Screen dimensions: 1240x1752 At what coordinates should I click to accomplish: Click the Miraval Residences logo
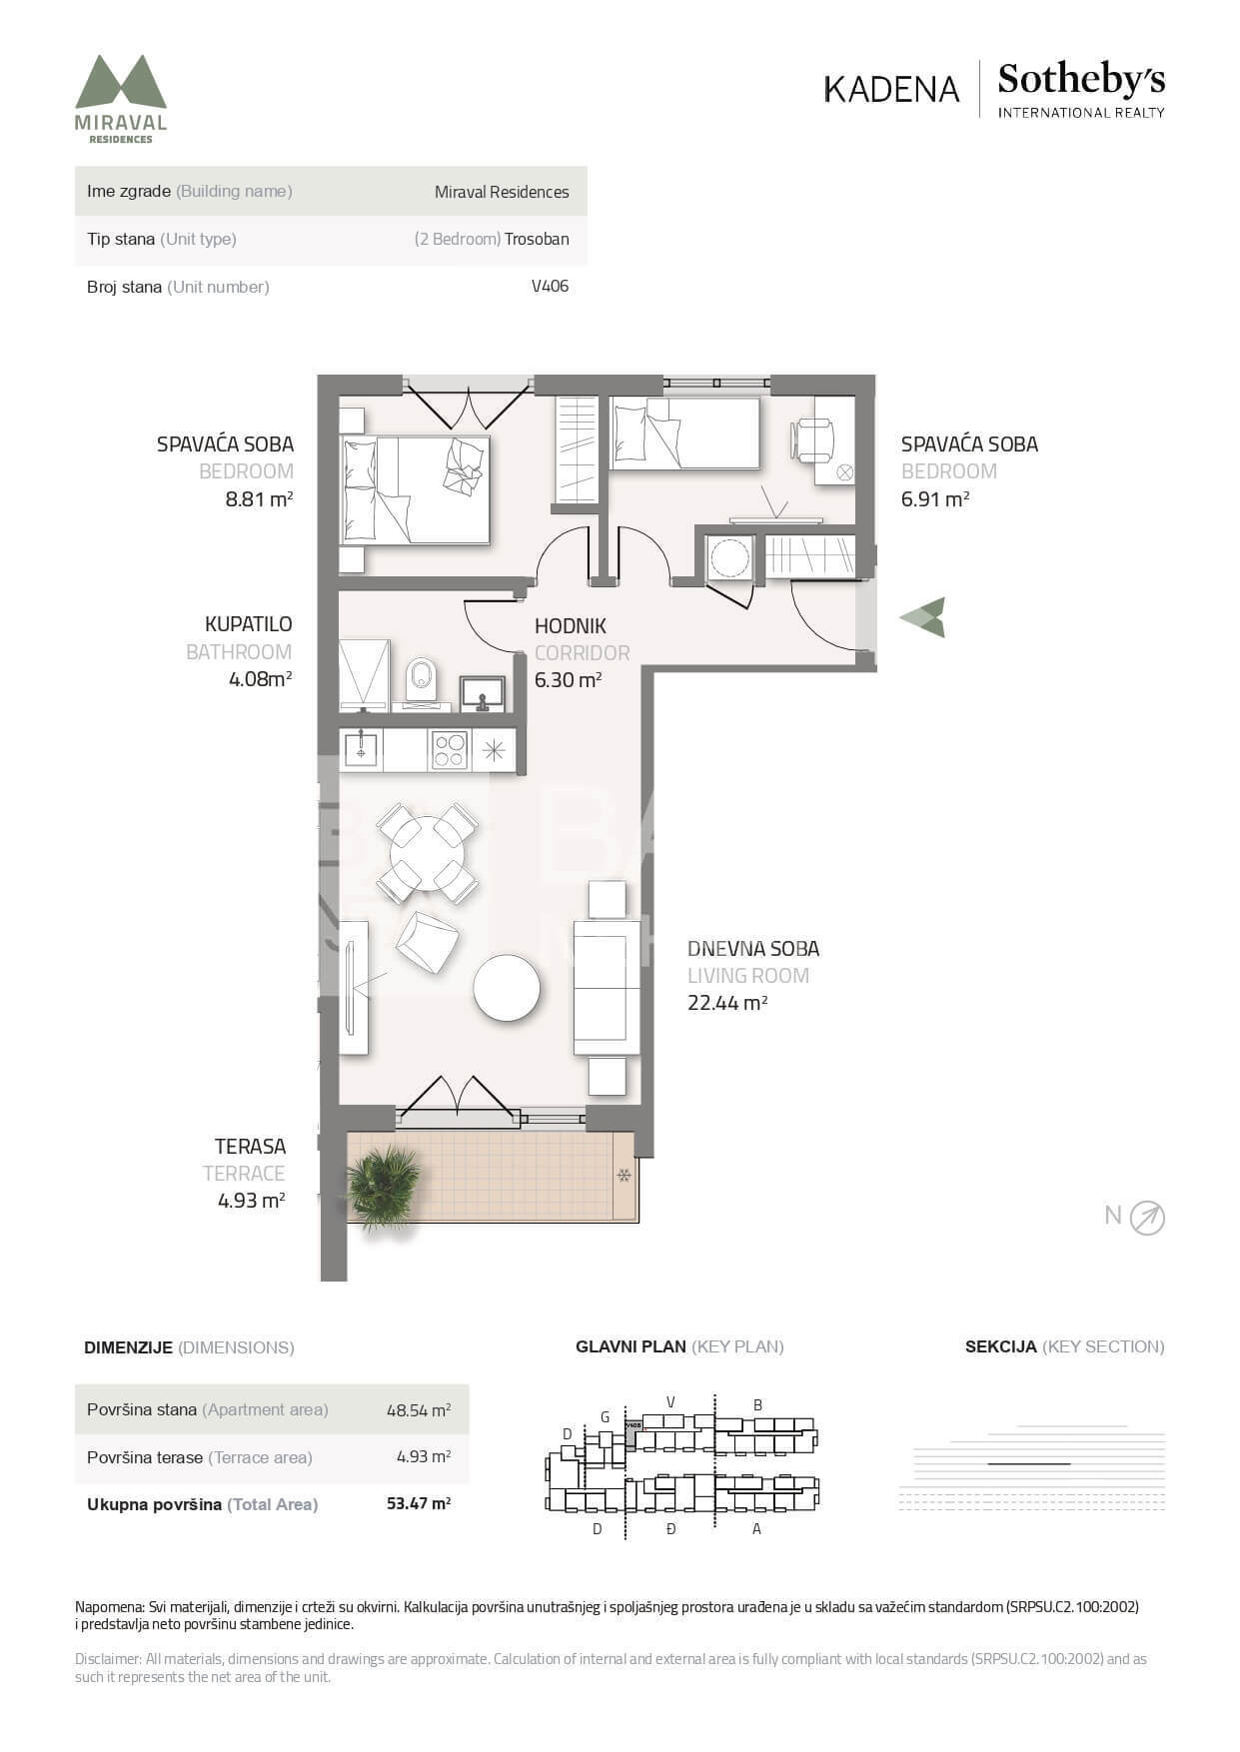(x=121, y=99)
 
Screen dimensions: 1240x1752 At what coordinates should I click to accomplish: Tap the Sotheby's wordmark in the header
(x=1081, y=80)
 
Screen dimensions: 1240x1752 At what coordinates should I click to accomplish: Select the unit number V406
(x=551, y=286)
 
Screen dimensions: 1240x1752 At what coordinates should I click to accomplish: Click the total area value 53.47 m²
(x=419, y=1503)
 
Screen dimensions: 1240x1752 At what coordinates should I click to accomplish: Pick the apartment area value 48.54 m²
(x=419, y=1409)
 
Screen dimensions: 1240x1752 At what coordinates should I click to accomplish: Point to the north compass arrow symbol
(x=1147, y=1218)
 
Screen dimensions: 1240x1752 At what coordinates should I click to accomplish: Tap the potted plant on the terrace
(x=384, y=1187)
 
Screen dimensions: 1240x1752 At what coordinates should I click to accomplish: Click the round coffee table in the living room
(x=507, y=988)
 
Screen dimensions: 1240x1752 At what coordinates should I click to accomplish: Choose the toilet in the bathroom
(x=422, y=679)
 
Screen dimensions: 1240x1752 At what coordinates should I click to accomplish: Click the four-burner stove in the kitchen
(x=449, y=750)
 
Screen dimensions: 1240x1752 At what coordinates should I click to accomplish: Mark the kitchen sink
(x=360, y=749)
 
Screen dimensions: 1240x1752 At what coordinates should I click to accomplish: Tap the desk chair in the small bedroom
(x=812, y=439)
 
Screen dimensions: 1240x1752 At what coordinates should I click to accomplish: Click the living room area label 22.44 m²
(x=727, y=1003)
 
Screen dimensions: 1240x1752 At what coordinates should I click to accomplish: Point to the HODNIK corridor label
(x=571, y=626)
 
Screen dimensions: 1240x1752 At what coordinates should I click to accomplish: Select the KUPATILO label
(x=249, y=624)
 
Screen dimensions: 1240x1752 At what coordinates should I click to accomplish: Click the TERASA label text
(x=250, y=1147)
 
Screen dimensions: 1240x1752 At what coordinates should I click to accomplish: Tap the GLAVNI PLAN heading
(x=631, y=1346)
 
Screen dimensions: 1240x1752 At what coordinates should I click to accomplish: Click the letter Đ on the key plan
(x=670, y=1528)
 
